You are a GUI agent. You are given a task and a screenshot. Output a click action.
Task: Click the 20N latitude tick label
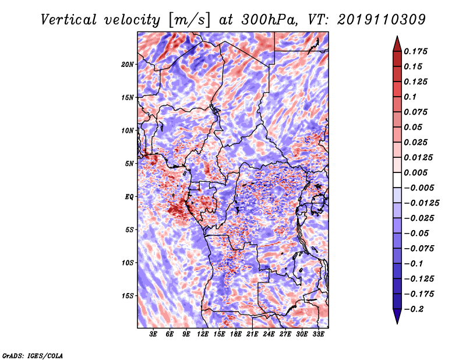tap(128, 64)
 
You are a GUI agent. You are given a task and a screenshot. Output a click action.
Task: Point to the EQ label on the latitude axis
tap(129, 197)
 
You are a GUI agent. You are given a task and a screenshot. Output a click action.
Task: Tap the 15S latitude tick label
tap(128, 296)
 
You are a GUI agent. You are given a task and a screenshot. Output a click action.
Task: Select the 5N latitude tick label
tap(129, 164)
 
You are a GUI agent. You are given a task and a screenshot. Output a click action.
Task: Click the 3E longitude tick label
tap(153, 334)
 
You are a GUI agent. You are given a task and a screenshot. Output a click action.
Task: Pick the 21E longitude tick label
tap(252, 334)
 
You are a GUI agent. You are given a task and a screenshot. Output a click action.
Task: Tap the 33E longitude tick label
tap(318, 334)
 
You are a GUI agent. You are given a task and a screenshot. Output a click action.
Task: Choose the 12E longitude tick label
tap(202, 334)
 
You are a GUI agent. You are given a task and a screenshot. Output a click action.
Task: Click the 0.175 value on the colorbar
tap(415, 51)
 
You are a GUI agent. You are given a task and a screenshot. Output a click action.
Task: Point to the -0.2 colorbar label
tap(414, 309)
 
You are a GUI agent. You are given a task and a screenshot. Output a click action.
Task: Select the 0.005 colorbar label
tap(415, 172)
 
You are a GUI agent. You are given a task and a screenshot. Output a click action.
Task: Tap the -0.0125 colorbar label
tap(421, 203)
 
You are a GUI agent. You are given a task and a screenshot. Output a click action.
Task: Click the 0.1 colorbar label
tap(410, 97)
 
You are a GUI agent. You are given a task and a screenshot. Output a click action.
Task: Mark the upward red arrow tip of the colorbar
tap(397, 36)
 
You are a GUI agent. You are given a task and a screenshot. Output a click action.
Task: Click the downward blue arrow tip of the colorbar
tap(397, 323)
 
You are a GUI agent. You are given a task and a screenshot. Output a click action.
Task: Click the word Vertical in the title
tap(68, 20)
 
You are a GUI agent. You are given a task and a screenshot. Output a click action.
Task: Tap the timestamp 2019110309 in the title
tap(382, 20)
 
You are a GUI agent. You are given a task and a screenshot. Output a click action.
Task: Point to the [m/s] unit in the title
tap(189, 20)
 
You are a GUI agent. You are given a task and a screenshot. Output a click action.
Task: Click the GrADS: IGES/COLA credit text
tap(33, 355)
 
